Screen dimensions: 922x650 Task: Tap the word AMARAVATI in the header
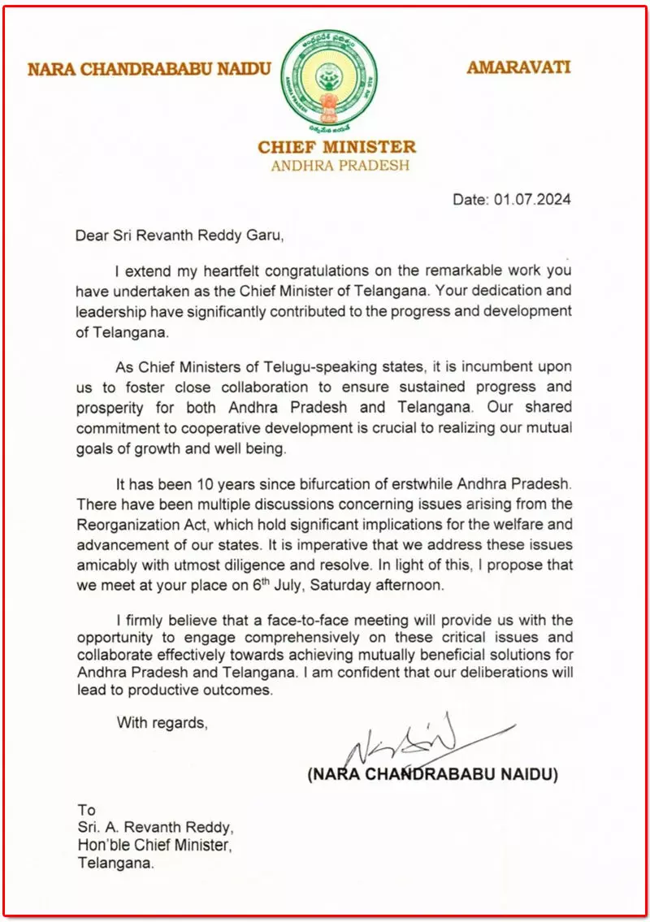coord(518,67)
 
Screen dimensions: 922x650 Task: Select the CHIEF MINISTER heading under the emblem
coord(336,147)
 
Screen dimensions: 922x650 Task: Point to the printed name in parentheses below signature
coord(433,775)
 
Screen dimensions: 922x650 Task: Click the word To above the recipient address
coord(86,810)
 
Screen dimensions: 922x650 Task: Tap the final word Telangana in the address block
coord(115,864)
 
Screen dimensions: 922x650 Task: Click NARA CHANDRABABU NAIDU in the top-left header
coord(149,68)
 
